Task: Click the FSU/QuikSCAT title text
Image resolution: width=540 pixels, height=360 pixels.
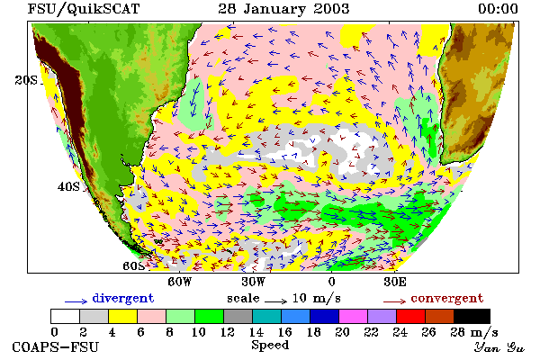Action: pyautogui.click(x=84, y=9)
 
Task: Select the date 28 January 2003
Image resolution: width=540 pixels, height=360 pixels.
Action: pyautogui.click(x=283, y=9)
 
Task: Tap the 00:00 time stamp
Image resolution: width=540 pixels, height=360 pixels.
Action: pyautogui.click(x=498, y=9)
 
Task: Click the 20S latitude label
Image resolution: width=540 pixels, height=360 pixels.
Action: pyautogui.click(x=26, y=80)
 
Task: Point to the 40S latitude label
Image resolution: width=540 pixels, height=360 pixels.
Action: pyautogui.click(x=68, y=186)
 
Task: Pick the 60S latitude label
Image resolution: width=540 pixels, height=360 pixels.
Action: pyautogui.click(x=134, y=266)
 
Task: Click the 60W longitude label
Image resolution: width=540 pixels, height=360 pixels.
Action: pyautogui.click(x=179, y=282)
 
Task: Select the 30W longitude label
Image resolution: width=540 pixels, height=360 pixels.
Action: pyautogui.click(x=253, y=282)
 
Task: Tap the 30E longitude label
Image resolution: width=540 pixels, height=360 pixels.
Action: pyautogui.click(x=395, y=282)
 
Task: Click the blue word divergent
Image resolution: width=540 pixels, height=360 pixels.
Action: pyautogui.click(x=123, y=299)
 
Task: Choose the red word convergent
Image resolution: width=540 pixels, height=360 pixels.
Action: pyautogui.click(x=447, y=298)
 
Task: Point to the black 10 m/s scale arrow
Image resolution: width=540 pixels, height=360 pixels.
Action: pyautogui.click(x=276, y=301)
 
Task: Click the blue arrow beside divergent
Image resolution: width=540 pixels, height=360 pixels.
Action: pyautogui.click(x=76, y=301)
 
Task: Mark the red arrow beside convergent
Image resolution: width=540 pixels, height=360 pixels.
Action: pyautogui.click(x=395, y=301)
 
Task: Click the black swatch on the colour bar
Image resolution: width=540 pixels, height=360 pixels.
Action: pyautogui.click(x=472, y=316)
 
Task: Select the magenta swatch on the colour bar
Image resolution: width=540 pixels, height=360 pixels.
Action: pyautogui.click(x=353, y=316)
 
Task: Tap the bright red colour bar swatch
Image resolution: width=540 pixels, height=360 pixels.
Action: pyautogui.click(x=410, y=316)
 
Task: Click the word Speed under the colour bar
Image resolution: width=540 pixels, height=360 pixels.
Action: pyautogui.click(x=270, y=346)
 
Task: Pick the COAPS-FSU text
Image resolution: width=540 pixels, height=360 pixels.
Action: pyautogui.click(x=56, y=347)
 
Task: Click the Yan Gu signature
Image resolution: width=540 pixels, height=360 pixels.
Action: pyautogui.click(x=499, y=347)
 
